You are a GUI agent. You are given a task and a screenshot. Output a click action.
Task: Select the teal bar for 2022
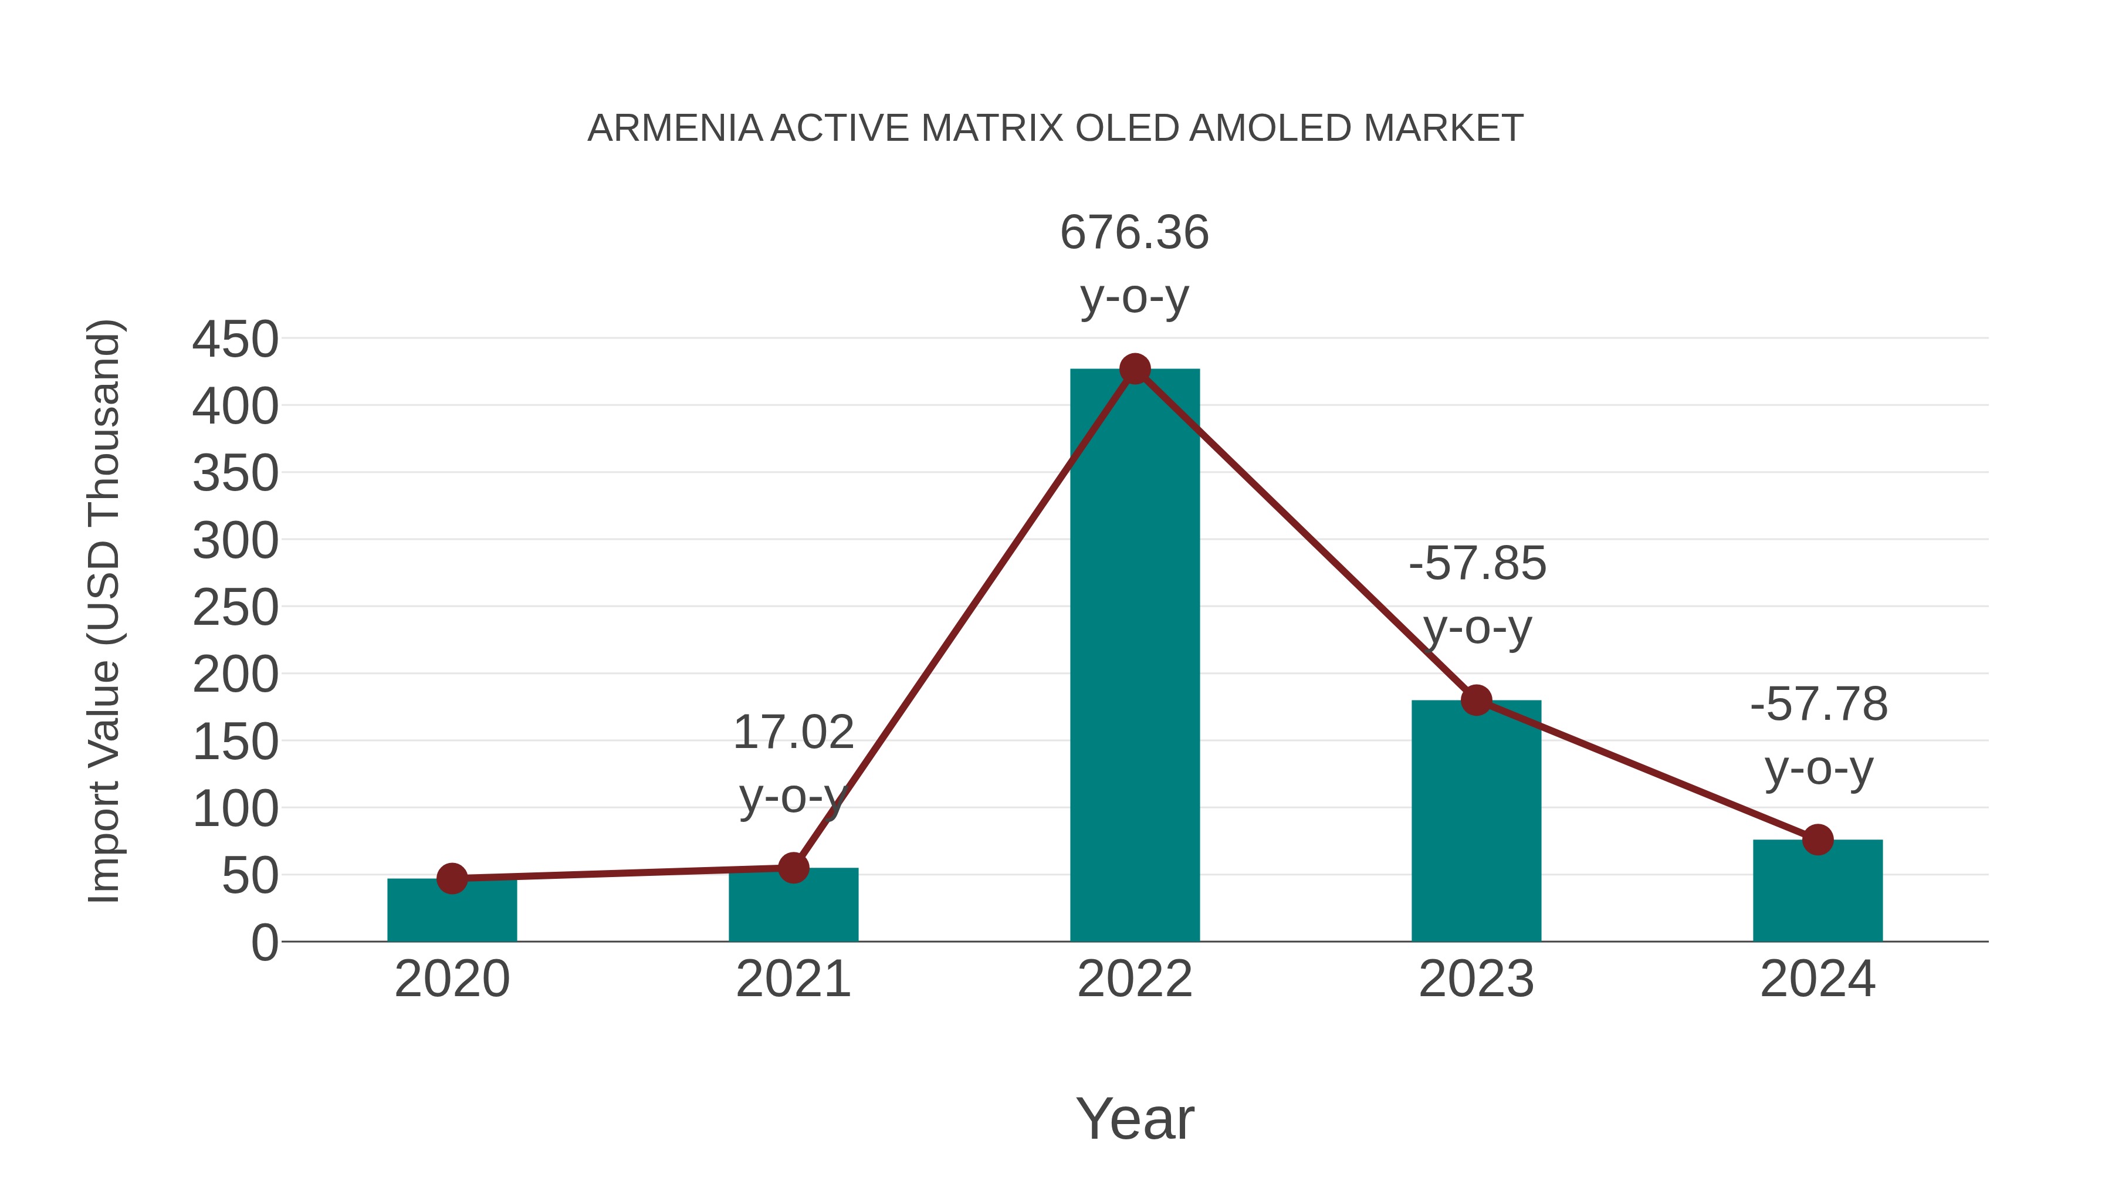[1135, 656]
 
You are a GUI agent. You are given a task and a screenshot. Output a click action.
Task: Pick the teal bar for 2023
[1476, 820]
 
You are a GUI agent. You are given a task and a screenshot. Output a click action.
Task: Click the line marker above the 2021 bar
[793, 868]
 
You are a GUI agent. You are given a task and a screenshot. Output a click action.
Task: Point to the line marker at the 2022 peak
[1135, 369]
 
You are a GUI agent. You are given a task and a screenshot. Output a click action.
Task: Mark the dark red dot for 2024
[1817, 840]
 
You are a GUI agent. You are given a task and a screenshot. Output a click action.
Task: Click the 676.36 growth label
[1134, 233]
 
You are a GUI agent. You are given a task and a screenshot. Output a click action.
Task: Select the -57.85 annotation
[1477, 564]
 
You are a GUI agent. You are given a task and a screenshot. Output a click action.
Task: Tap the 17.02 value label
[793, 732]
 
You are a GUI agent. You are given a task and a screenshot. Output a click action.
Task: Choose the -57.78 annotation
[1819, 704]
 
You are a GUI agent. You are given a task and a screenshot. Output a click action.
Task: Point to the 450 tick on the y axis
[235, 340]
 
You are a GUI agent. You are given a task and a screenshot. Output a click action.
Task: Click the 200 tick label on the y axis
[235, 676]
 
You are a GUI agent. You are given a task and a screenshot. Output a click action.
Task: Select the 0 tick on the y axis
[264, 943]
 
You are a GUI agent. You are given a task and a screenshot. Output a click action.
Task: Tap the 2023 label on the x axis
[1476, 979]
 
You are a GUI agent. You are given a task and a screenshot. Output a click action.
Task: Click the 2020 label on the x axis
[452, 979]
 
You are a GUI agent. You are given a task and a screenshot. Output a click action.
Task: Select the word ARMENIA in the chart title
[675, 128]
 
